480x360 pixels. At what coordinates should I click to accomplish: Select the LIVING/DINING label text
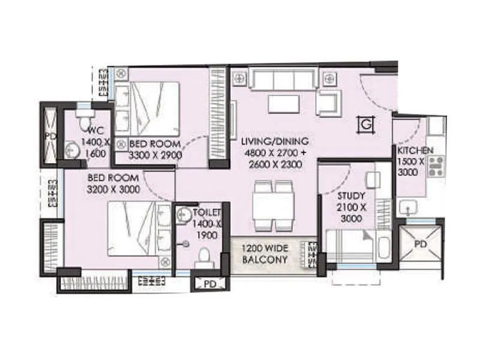click(x=275, y=142)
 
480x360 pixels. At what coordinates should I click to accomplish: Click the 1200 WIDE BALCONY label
click(x=265, y=254)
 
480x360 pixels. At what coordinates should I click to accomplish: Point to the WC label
click(x=97, y=131)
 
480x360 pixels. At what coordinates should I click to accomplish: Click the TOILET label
click(x=208, y=212)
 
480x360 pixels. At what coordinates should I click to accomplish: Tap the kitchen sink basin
click(x=410, y=208)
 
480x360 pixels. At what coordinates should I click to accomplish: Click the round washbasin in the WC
click(x=73, y=150)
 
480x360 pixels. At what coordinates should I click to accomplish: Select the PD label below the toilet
click(x=209, y=284)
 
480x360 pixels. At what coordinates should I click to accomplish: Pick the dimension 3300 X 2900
click(x=156, y=155)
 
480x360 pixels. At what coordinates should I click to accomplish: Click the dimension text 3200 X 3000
click(x=114, y=189)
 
